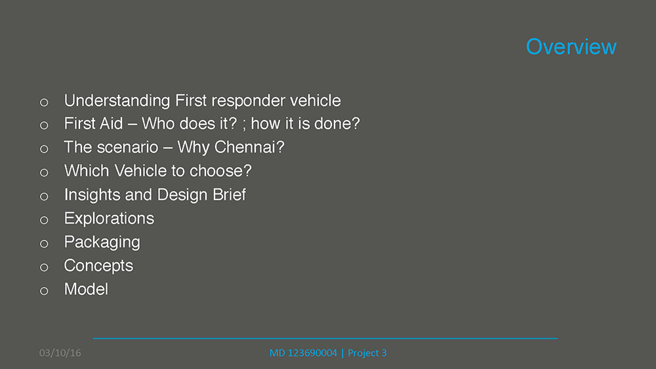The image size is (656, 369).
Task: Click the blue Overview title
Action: (571, 47)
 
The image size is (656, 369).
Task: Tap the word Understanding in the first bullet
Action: (117, 101)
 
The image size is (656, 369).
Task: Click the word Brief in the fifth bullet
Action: (229, 195)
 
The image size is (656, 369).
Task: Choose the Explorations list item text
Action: (109, 218)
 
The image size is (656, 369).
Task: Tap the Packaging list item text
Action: (102, 243)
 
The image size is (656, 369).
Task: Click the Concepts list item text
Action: (99, 266)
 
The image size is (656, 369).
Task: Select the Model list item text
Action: (86, 289)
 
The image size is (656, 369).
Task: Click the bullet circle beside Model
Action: (44, 291)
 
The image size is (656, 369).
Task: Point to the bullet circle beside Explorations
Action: (44, 220)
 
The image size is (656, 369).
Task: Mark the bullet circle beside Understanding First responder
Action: (44, 102)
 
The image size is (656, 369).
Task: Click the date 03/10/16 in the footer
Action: (60, 353)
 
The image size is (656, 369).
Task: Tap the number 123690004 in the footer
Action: (312, 353)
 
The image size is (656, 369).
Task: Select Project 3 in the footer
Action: (367, 353)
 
